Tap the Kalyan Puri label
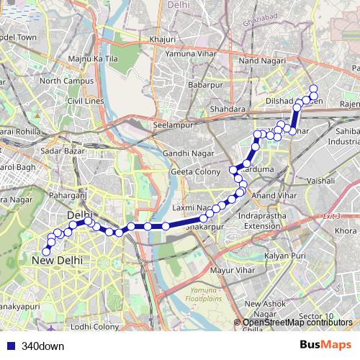[286, 256]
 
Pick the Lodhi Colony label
[95, 326]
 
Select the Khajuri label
[163, 39]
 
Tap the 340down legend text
[42, 345]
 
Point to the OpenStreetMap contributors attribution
[297, 323]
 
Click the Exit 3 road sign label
[331, 216]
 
